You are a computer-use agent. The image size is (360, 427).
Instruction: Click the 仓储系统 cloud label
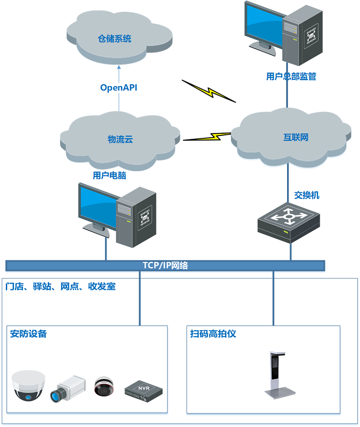115,39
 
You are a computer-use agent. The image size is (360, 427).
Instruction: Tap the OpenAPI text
118,87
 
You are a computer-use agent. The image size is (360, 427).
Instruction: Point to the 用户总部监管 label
291,77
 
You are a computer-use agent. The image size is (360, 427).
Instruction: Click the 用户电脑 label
109,176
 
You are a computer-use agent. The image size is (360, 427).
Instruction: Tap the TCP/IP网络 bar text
165,265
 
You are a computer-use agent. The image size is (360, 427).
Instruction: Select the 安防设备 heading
28,334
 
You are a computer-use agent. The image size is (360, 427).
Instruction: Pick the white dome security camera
29,385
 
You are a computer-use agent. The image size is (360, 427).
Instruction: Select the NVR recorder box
143,390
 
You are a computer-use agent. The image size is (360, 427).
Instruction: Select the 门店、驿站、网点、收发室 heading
60,286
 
